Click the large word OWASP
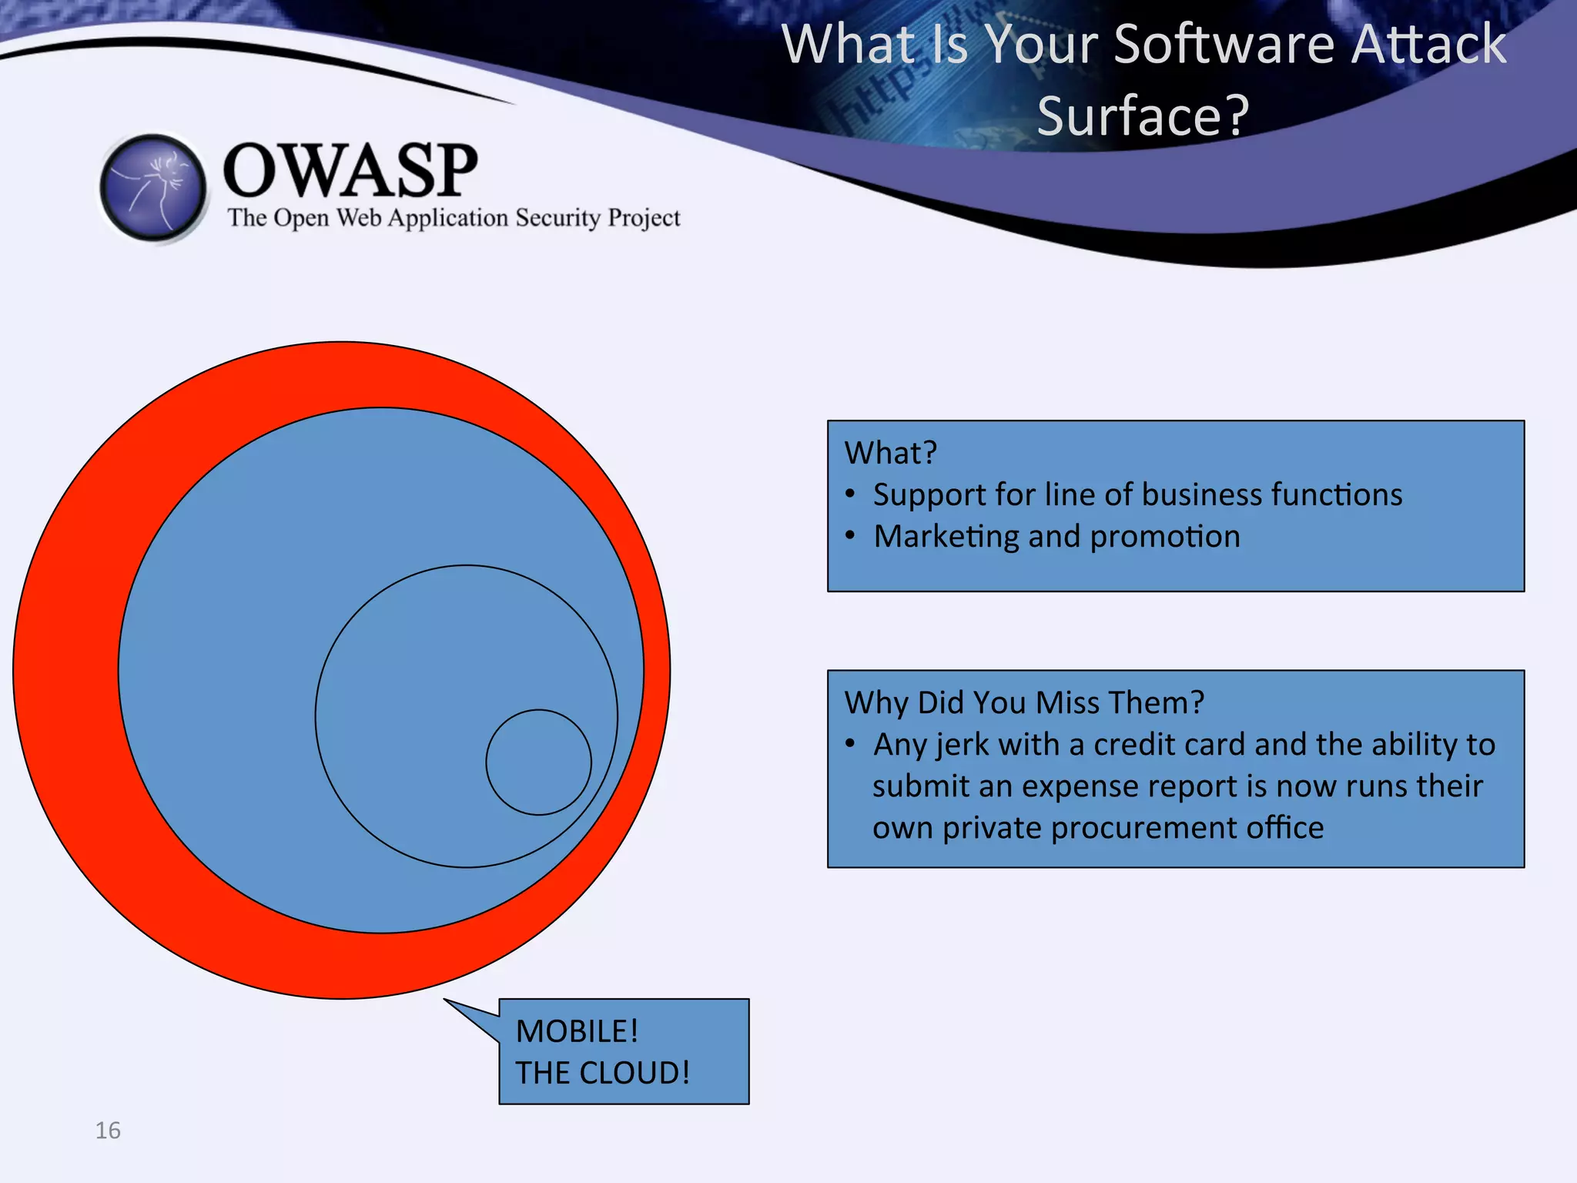click(350, 170)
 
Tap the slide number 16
click(108, 1130)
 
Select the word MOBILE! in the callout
click(577, 1031)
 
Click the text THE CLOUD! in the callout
click(602, 1073)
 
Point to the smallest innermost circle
click(538, 762)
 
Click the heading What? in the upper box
click(890, 453)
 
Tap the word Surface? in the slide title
click(1143, 116)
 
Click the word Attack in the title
click(1428, 44)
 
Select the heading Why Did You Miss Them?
click(1023, 702)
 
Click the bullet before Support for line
click(850, 494)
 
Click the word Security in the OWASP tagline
click(557, 218)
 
